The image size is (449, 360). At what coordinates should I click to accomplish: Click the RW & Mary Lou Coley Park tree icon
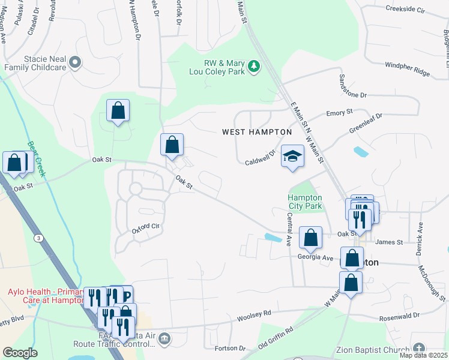pyautogui.click(x=255, y=65)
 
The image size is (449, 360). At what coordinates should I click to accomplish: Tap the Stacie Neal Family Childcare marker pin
pyautogui.click(x=75, y=62)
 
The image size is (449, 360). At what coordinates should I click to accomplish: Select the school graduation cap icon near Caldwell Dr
pyautogui.click(x=292, y=156)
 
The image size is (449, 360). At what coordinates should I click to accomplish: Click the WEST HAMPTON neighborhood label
pyautogui.click(x=256, y=132)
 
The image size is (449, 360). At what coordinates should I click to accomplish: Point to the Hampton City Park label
pyautogui.click(x=304, y=202)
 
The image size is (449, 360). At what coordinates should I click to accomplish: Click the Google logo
pyautogui.click(x=20, y=353)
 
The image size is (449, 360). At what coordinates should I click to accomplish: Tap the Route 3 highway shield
pyautogui.click(x=39, y=238)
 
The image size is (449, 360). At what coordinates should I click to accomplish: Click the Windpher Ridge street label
pyautogui.click(x=408, y=73)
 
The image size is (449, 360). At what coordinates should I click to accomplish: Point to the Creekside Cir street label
pyautogui.click(x=405, y=10)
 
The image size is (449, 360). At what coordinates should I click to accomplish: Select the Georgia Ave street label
pyautogui.click(x=315, y=257)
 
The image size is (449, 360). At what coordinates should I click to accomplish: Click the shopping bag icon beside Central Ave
pyautogui.click(x=310, y=238)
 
